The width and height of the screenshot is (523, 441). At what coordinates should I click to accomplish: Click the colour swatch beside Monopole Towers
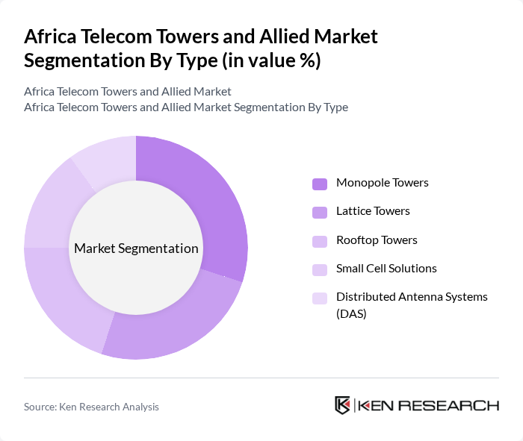[x=320, y=184]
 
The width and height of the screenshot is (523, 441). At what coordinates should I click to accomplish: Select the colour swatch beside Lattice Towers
[x=320, y=212]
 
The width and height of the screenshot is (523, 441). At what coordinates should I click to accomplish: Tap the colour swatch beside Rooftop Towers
[x=320, y=241]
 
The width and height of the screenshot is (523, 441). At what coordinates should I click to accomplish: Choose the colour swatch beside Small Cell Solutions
[x=320, y=269]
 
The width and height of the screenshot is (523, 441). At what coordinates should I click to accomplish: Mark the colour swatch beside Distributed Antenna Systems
[x=320, y=298]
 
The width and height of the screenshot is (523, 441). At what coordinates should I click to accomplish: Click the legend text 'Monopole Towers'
[x=382, y=183]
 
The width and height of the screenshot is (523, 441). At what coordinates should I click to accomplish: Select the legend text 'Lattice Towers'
[x=373, y=211]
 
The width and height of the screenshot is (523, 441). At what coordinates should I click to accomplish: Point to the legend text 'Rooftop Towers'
[x=377, y=240]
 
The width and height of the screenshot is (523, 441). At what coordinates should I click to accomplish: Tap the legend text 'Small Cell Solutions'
[x=386, y=269]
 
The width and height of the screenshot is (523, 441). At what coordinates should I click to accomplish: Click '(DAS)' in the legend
[x=351, y=314]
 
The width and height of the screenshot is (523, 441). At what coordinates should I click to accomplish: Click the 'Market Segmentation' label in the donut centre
[x=136, y=248]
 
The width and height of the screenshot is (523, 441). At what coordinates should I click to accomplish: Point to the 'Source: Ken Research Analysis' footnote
[x=91, y=407]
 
